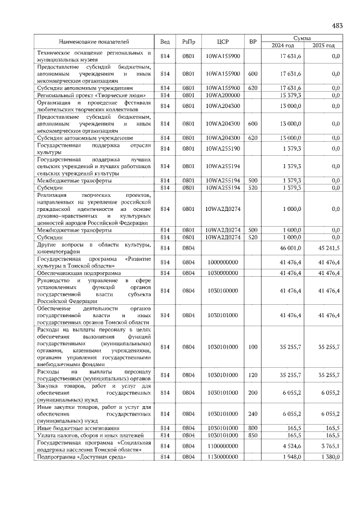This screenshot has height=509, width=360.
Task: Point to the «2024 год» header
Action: tap(283, 46)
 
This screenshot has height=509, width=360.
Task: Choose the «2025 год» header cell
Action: tap(323, 46)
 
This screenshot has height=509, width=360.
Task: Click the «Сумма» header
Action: tap(303, 38)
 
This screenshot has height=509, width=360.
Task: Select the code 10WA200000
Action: tap(223, 96)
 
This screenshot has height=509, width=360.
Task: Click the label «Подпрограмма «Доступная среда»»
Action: tap(81, 457)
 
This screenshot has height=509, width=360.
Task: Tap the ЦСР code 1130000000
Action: tap(223, 457)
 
